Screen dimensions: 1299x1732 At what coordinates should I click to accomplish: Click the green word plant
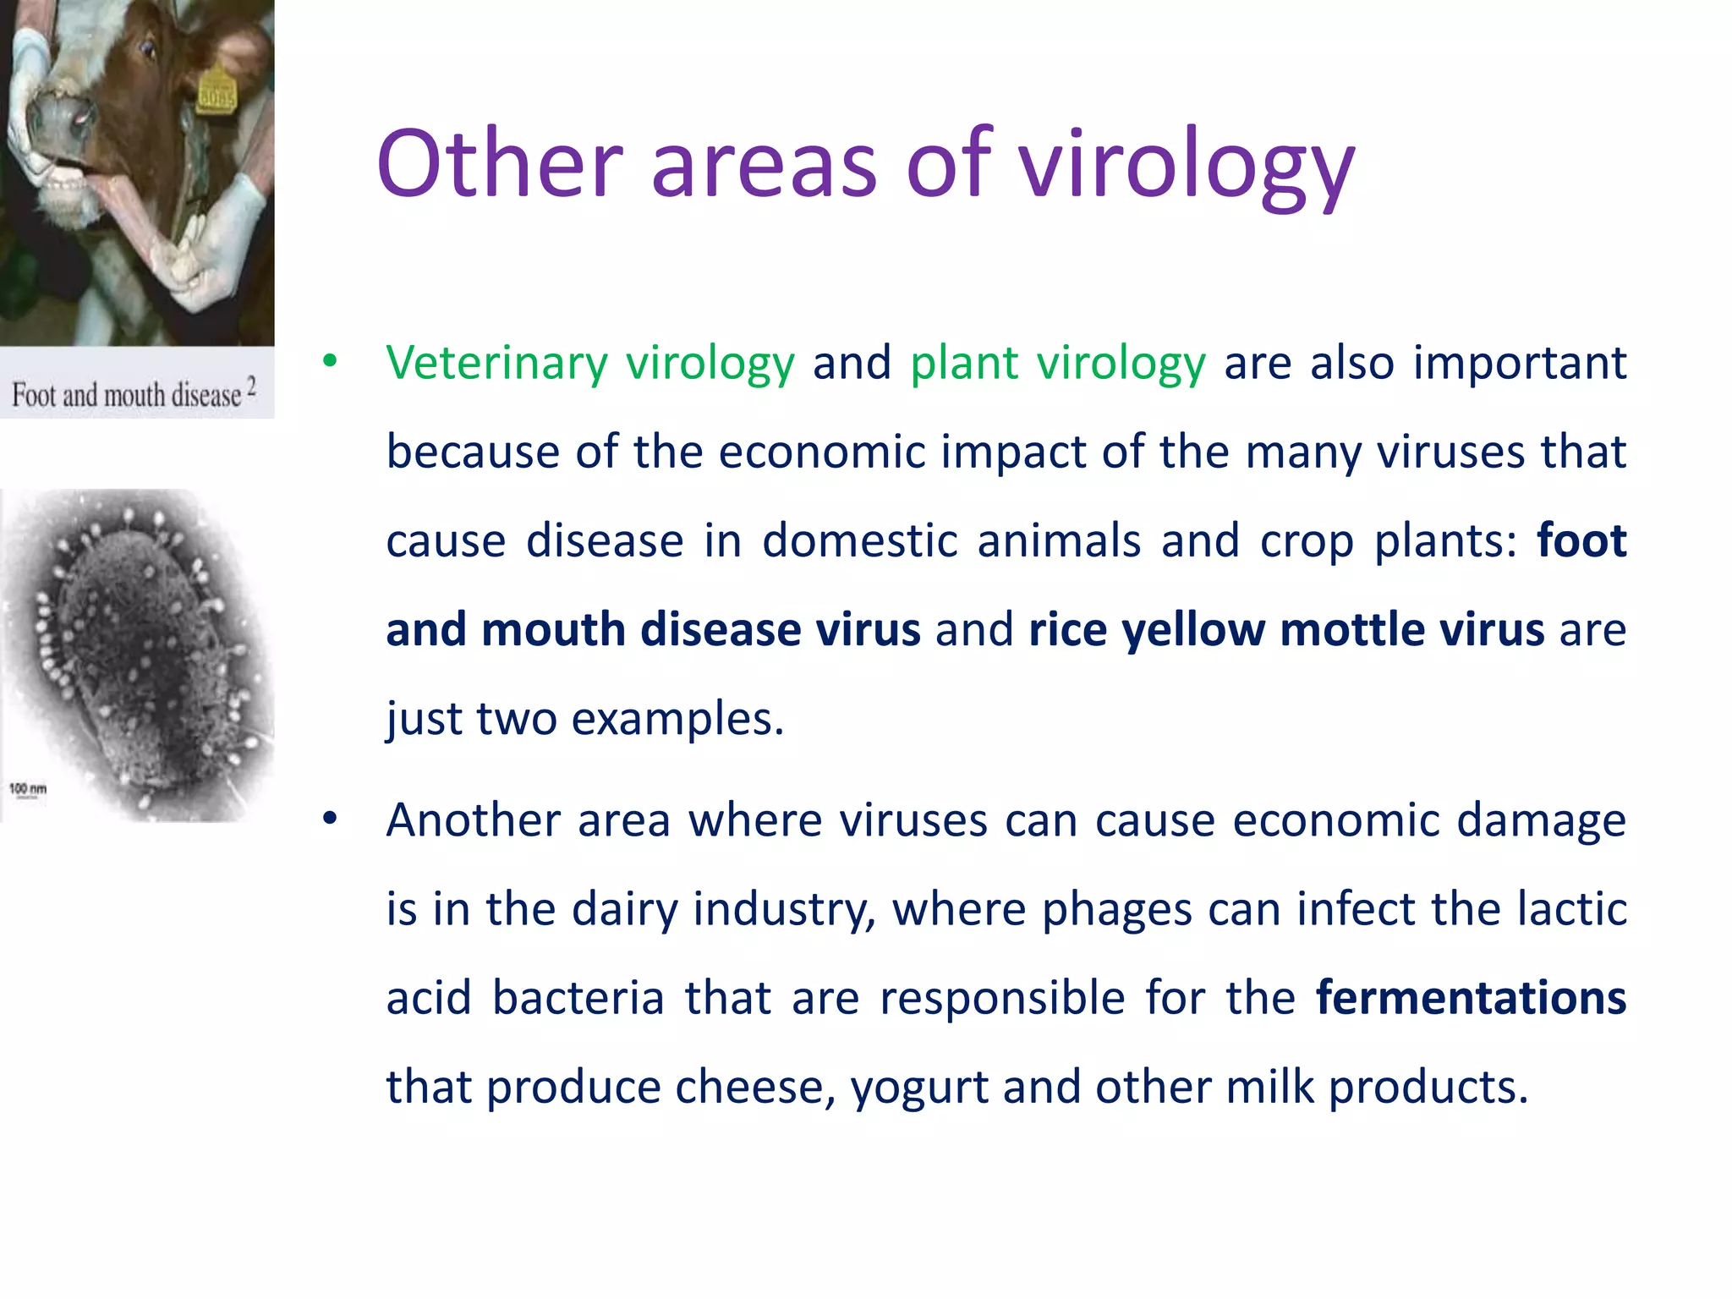[964, 364]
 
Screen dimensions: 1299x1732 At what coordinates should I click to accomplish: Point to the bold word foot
[1581, 540]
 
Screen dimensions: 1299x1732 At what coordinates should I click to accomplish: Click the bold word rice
[1067, 630]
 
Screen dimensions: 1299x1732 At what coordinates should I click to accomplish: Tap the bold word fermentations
[1471, 997]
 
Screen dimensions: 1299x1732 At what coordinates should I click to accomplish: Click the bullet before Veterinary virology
[330, 361]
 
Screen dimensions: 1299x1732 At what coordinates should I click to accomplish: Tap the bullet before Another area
[330, 818]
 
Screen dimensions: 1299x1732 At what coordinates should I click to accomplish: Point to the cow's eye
[146, 47]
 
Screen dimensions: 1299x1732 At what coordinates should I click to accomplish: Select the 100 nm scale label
[28, 788]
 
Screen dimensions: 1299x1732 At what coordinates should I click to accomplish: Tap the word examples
[677, 720]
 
